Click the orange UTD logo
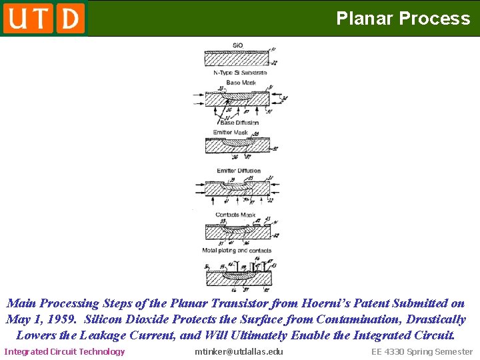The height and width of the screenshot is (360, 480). (44, 18)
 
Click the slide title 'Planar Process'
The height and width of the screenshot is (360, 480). (403, 18)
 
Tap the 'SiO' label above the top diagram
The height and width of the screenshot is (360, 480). (237, 45)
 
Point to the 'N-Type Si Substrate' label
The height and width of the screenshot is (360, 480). (240, 73)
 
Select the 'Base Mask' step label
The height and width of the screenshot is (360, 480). (241, 83)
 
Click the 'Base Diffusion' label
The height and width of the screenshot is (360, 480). (239, 123)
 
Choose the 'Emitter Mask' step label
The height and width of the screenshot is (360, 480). (231, 133)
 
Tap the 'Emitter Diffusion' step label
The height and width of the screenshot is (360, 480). (239, 171)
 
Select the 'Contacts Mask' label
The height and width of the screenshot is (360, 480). (235, 215)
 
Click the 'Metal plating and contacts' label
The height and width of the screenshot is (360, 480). (237, 251)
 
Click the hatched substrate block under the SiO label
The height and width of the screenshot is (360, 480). (237, 59)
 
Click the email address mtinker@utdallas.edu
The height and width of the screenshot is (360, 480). (239, 351)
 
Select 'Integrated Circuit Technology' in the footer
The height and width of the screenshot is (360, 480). (65, 351)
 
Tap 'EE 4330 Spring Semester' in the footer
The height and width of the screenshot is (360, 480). (421, 351)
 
